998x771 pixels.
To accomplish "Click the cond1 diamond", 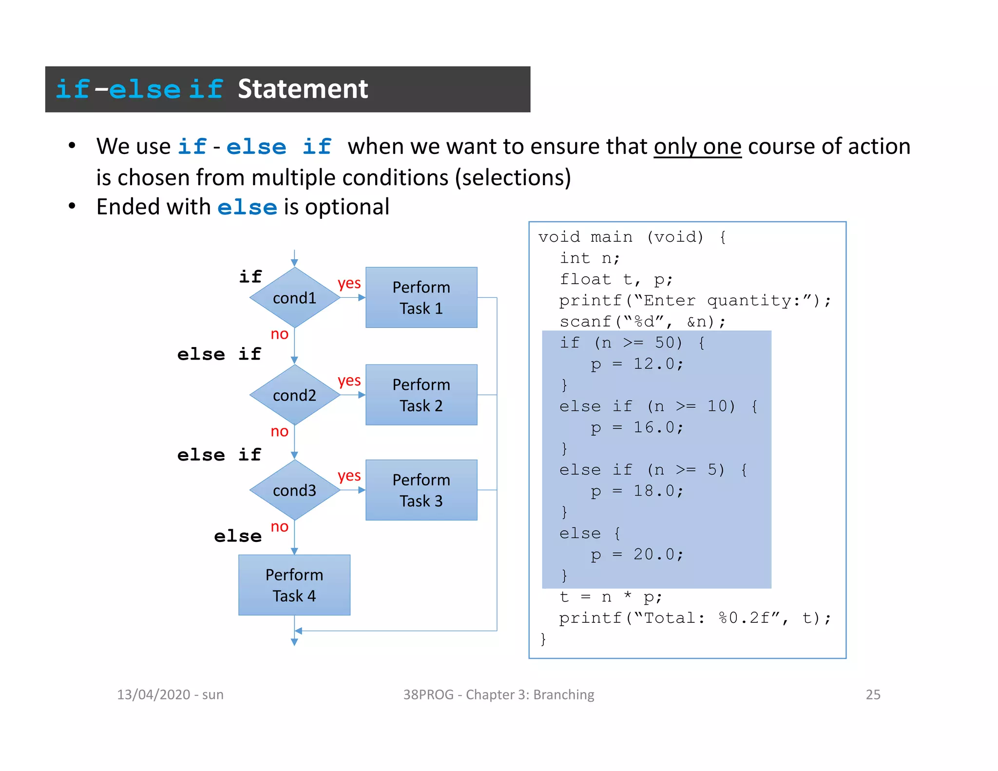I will (294, 297).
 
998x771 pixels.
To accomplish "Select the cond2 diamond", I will (294, 395).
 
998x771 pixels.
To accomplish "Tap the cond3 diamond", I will (294, 490).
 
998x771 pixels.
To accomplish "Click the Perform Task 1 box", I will (421, 297).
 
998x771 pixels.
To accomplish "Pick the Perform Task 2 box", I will (421, 395).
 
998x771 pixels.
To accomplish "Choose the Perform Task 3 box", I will (421, 490).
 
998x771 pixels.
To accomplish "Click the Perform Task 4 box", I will (294, 585).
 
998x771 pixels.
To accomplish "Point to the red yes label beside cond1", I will (349, 283).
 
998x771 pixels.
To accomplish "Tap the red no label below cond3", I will (279, 527).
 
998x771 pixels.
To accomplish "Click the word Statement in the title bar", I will (303, 89).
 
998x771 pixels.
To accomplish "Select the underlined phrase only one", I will (697, 147).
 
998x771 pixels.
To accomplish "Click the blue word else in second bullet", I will (247, 208).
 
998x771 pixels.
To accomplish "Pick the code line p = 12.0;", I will (636, 364).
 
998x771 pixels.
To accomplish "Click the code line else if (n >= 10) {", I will (658, 406).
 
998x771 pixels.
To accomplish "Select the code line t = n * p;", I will (610, 597).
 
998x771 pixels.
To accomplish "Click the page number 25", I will (873, 694).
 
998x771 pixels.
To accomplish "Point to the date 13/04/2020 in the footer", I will (153, 694).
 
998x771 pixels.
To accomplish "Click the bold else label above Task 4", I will (238, 536).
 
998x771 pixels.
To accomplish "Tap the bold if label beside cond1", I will (250, 277).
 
